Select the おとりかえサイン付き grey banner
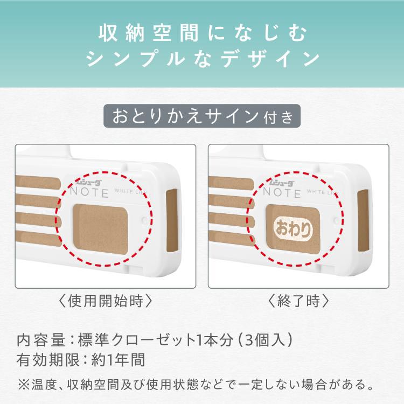coord(202,115)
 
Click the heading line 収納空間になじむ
coord(202,33)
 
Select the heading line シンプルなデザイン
coord(202,58)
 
